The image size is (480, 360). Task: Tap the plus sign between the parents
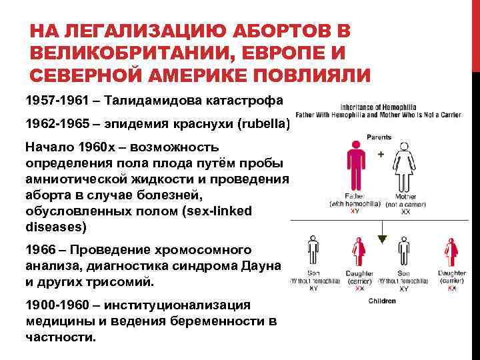(x=381, y=153)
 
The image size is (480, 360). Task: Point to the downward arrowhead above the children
(x=382, y=237)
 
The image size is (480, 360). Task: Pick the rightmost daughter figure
(x=451, y=251)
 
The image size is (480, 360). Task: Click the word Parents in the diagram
(x=379, y=137)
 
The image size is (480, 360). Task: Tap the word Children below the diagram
(x=382, y=301)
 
